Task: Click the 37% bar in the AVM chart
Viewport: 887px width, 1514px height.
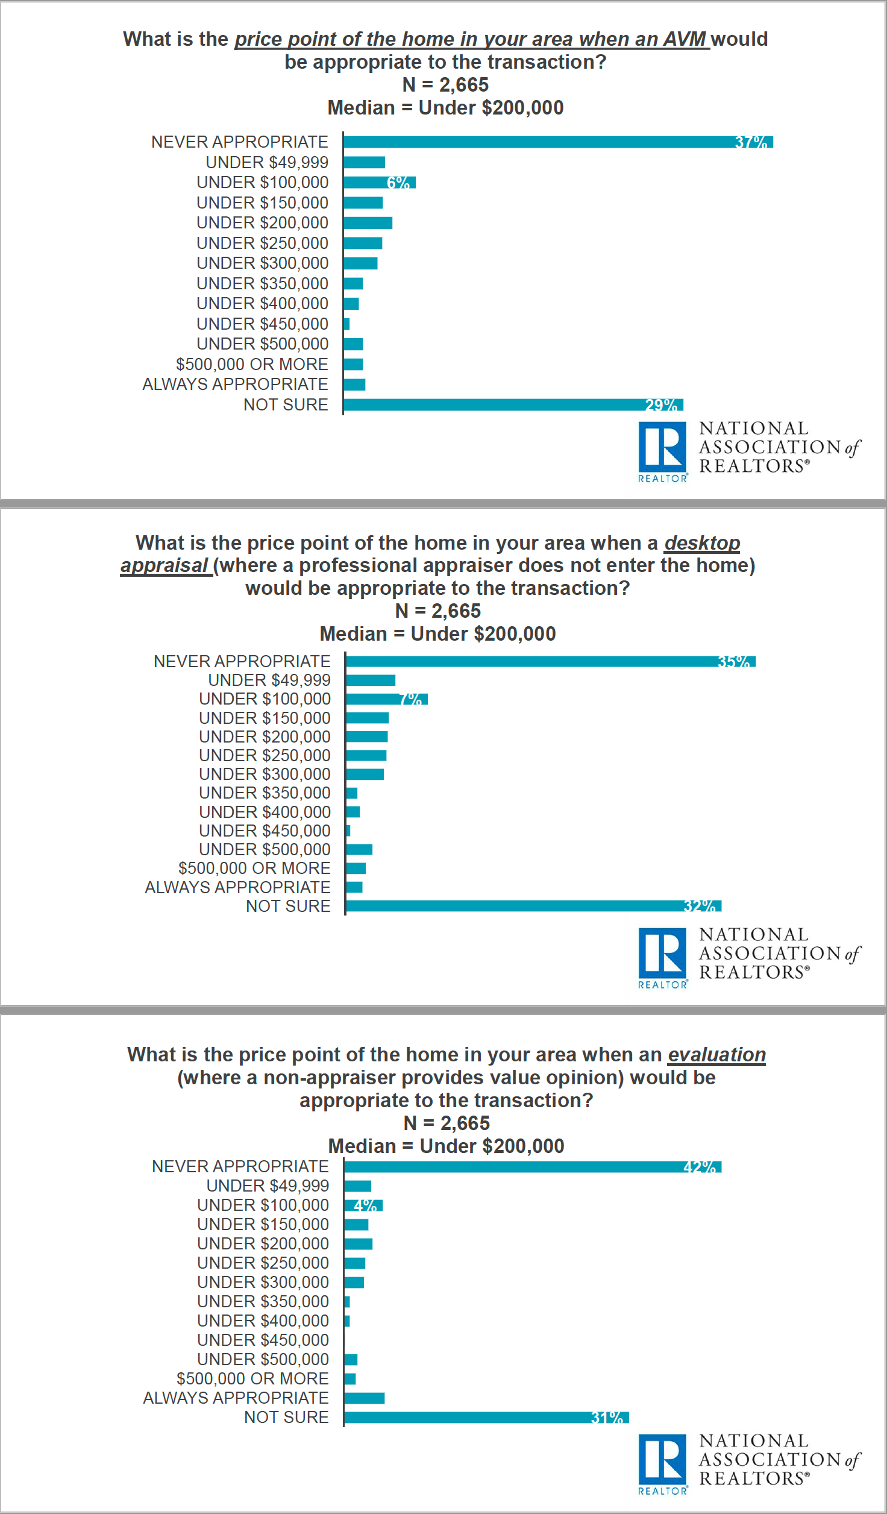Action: [558, 142]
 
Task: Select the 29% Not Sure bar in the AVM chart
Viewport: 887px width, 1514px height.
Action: [513, 404]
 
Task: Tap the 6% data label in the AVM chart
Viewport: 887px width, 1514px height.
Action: [398, 183]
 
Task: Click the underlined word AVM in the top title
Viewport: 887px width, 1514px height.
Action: [685, 39]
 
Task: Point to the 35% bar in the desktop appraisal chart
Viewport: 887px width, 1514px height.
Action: [551, 662]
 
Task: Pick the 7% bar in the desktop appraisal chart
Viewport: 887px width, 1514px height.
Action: [387, 699]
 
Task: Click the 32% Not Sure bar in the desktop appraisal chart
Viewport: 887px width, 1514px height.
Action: [533, 906]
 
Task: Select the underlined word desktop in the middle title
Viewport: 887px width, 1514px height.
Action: [702, 543]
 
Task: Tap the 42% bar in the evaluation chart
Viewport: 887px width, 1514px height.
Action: [533, 1167]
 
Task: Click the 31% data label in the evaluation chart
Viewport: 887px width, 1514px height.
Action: [606, 1418]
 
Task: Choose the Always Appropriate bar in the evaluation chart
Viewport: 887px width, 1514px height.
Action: [365, 1398]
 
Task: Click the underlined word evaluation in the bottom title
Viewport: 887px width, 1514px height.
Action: [716, 1055]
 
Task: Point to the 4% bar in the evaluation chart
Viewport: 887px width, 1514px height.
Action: [363, 1205]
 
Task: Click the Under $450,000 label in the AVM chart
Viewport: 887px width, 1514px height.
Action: [262, 324]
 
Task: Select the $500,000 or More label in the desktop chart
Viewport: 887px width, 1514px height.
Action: [254, 869]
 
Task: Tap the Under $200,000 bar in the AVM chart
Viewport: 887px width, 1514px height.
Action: [368, 223]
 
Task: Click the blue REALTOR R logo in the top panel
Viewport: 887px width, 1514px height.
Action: [662, 447]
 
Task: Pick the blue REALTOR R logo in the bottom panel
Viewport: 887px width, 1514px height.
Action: [662, 1460]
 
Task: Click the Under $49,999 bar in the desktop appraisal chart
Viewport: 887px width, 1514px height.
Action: [371, 680]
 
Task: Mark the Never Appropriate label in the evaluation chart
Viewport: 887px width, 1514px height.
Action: [240, 1167]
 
